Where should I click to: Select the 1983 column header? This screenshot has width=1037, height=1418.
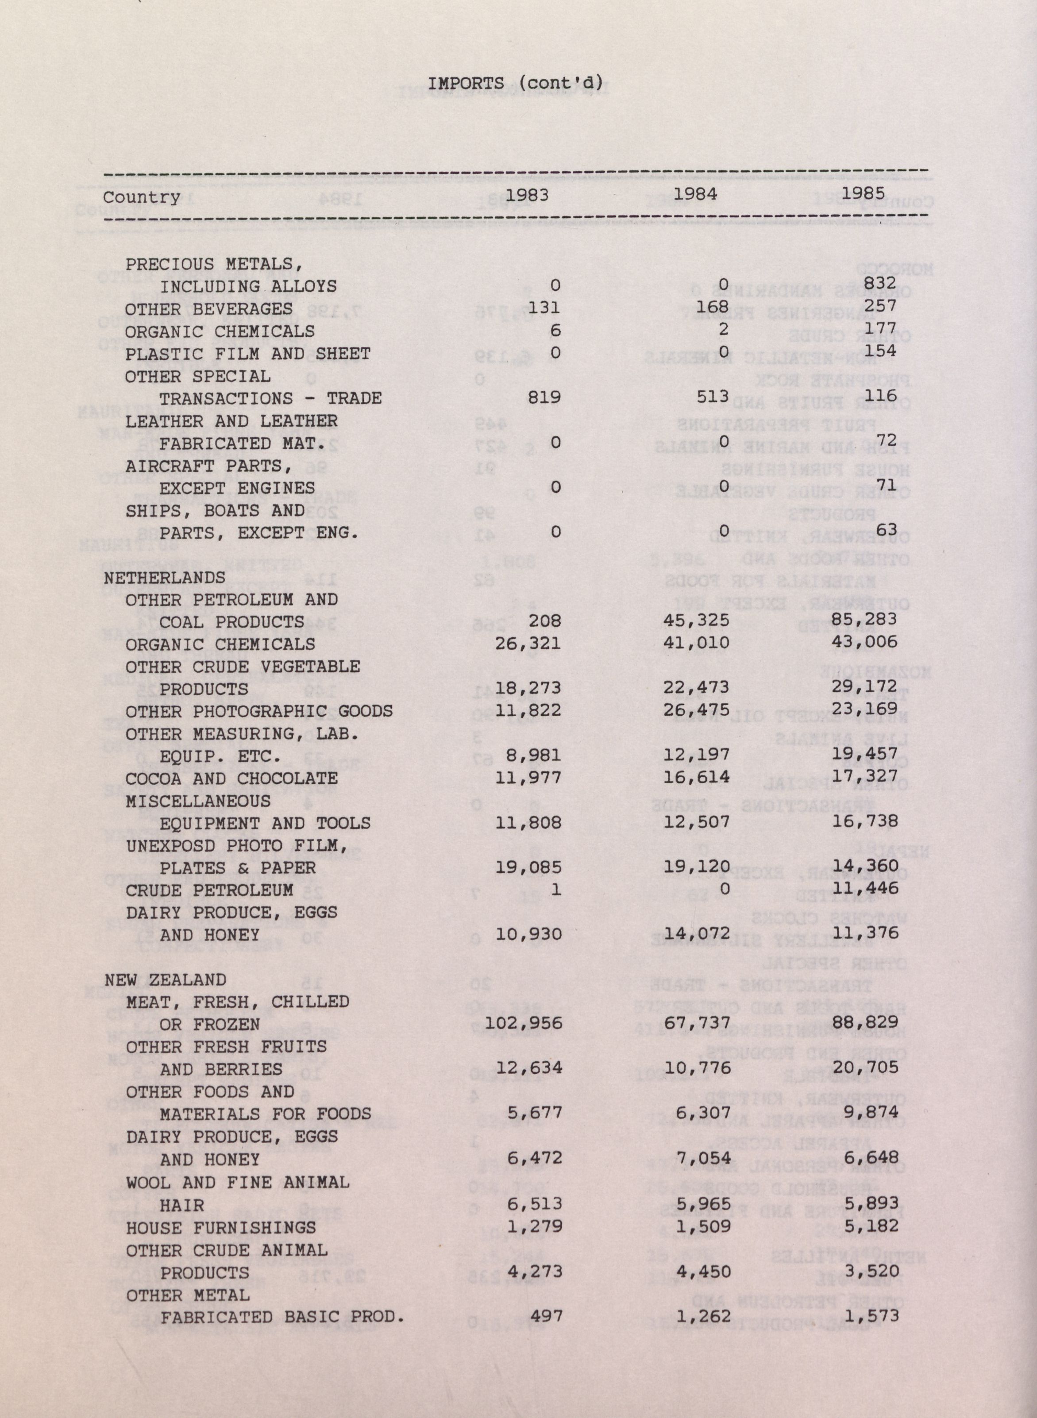[527, 195]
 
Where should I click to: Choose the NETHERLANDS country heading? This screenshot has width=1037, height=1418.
[165, 577]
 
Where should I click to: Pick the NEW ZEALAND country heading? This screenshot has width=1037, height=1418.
[165, 980]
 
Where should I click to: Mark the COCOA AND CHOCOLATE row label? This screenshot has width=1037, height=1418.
[231, 778]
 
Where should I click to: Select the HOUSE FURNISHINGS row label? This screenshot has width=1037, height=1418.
[220, 1227]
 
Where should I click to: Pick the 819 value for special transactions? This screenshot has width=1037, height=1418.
[544, 398]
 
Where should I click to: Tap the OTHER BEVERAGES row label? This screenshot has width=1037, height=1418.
[208, 309]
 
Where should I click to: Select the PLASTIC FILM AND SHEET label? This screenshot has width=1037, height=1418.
[247, 354]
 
